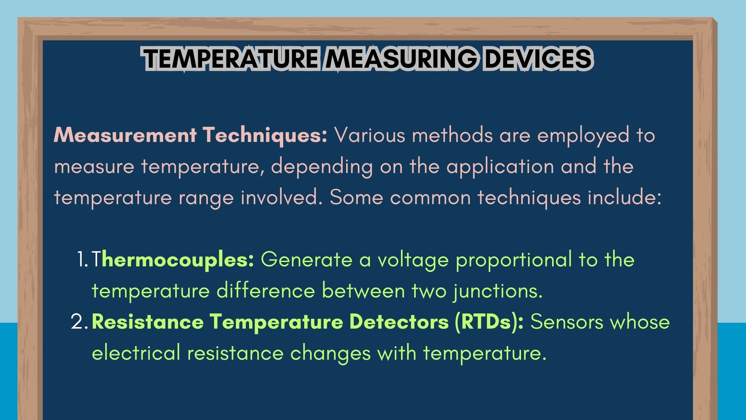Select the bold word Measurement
click(x=125, y=135)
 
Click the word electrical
click(x=136, y=353)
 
